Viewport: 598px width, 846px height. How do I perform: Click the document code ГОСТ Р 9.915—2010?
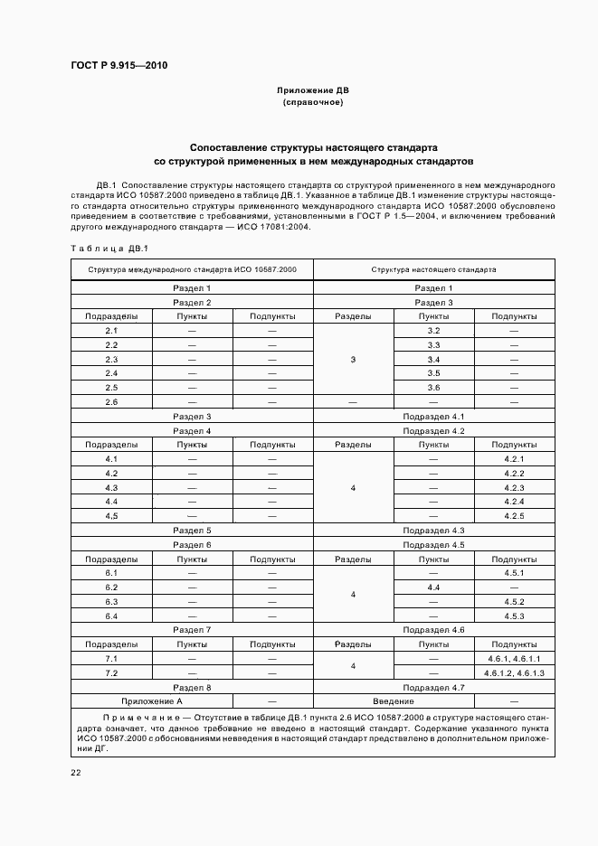point(119,66)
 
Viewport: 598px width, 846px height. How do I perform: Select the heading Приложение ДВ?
point(312,90)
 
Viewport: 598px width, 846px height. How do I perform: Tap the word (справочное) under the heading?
point(312,103)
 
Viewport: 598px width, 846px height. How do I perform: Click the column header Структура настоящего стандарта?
point(433,269)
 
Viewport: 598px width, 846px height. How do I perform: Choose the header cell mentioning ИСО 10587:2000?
point(191,269)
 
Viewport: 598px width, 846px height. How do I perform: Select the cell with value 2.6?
point(111,402)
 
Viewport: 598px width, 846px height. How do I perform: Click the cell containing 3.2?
point(433,331)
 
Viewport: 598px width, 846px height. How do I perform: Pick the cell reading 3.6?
point(433,388)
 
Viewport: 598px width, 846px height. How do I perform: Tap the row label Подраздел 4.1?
point(433,417)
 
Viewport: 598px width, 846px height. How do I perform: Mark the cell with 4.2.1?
point(514,459)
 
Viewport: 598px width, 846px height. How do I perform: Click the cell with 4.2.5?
point(514,516)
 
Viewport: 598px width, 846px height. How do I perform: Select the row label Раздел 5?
point(192,531)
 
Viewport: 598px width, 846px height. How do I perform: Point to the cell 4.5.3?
point(514,616)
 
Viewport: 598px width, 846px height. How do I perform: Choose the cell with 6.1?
point(111,573)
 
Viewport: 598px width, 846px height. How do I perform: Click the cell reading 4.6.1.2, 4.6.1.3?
point(514,673)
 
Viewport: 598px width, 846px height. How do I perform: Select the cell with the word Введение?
point(394,701)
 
